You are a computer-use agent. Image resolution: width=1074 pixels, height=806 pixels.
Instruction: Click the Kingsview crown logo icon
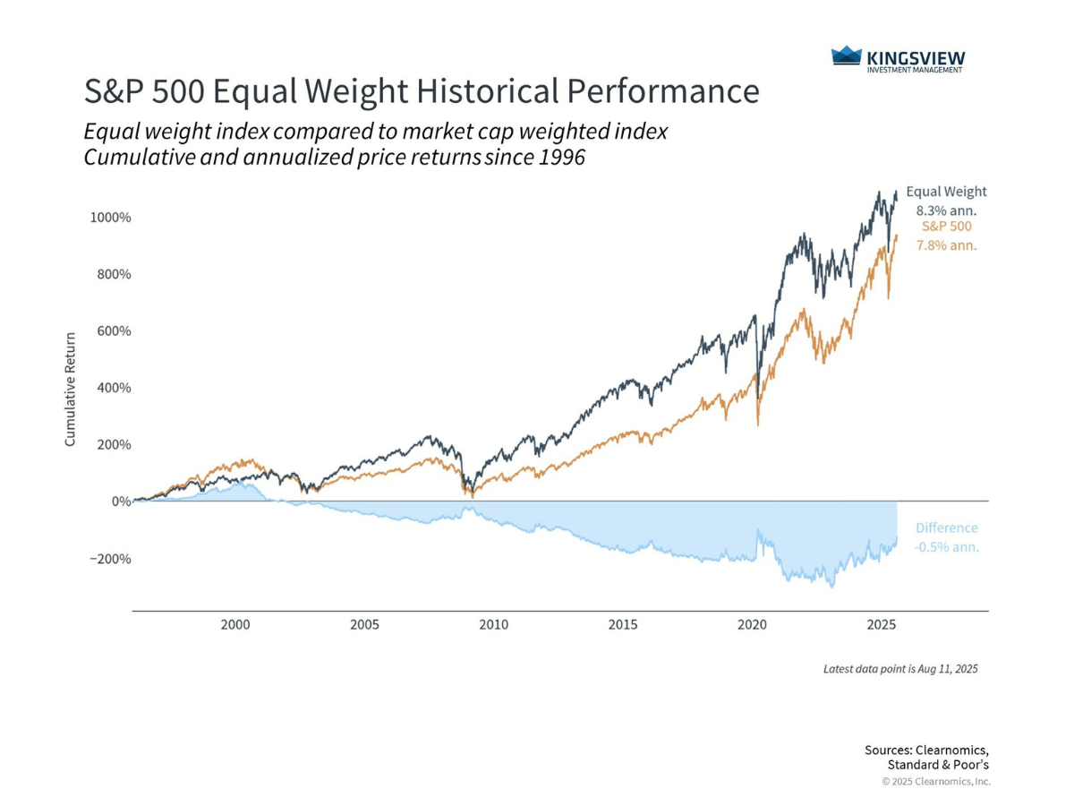point(846,57)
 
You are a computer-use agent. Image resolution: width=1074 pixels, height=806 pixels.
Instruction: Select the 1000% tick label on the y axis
point(111,218)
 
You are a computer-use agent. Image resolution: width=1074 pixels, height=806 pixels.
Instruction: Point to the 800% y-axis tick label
point(115,274)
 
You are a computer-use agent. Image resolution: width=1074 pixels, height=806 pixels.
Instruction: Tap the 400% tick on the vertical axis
point(115,388)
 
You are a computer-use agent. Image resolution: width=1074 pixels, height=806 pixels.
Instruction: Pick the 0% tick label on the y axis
point(121,502)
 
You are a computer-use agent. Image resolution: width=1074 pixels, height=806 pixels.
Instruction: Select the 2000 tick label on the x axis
point(235,624)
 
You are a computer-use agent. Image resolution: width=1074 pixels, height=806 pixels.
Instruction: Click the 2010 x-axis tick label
point(493,624)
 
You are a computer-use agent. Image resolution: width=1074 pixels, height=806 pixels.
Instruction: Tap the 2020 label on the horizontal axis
point(753,624)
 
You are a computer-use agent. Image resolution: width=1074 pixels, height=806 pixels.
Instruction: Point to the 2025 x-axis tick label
point(882,624)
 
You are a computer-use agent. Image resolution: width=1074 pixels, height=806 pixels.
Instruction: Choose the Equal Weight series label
point(946,192)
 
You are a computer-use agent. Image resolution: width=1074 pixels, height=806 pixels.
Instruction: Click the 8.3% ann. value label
point(946,210)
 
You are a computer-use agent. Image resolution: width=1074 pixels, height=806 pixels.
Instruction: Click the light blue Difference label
point(946,528)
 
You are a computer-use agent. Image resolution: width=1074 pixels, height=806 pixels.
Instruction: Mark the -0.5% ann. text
point(946,547)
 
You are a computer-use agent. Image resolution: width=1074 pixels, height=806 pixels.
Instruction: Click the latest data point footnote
point(900,669)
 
